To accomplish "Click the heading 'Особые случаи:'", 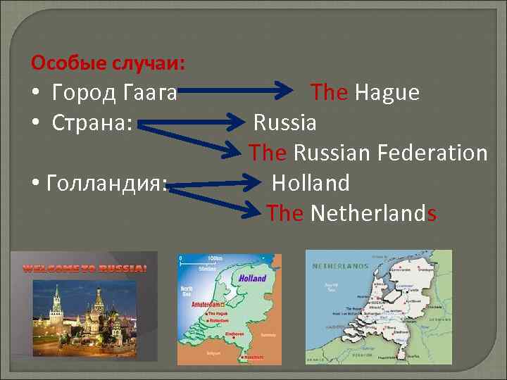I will (x=108, y=64).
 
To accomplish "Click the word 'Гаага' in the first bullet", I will (x=151, y=92).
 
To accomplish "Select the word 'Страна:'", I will (x=92, y=122).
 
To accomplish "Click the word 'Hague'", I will (x=387, y=92).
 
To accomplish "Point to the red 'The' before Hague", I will (x=330, y=92).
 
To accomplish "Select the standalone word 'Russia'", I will (x=285, y=123).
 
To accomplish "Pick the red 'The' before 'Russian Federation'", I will (x=268, y=153).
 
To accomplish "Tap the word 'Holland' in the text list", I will (x=311, y=184).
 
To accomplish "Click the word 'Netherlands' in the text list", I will (x=373, y=213).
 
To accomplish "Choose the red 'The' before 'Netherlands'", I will (x=285, y=213).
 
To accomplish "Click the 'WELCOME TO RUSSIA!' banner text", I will (x=84, y=268).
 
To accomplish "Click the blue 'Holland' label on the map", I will (x=252, y=278).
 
